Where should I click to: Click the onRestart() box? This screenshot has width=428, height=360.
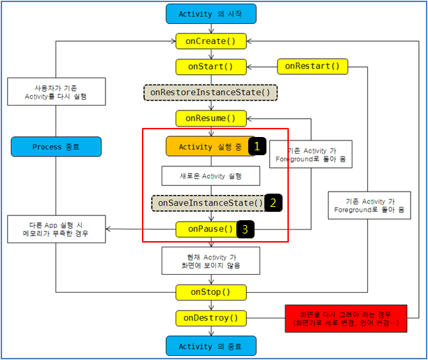[312, 66]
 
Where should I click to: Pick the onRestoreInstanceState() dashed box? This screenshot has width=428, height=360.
[211, 92]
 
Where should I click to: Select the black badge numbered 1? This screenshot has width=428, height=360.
[258, 146]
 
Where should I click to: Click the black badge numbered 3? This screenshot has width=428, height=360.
[245, 229]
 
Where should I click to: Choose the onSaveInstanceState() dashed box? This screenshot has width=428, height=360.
[209, 203]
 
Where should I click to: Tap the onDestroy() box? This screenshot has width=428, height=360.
[211, 318]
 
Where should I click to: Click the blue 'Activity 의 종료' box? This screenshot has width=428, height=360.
[211, 345]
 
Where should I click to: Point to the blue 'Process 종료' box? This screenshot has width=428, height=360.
[57, 147]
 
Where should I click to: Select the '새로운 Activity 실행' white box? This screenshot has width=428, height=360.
[211, 175]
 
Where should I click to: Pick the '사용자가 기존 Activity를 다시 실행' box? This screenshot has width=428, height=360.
[57, 92]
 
